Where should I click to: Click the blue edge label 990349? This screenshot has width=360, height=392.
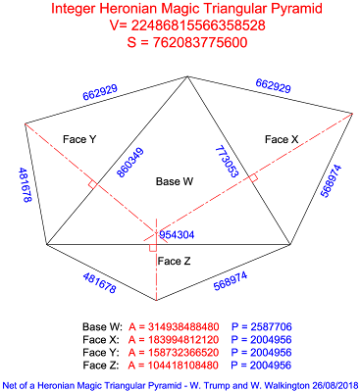click(130, 162)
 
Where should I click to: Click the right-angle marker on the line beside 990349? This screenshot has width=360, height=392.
click(92, 183)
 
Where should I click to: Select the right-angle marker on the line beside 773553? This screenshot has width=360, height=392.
click(253, 177)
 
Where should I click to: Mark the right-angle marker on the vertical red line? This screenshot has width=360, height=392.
click(152, 248)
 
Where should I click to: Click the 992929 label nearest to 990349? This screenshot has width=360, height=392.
click(100, 93)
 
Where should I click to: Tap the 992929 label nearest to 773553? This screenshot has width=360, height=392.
click(273, 88)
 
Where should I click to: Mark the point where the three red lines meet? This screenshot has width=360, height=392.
click(156, 231)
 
